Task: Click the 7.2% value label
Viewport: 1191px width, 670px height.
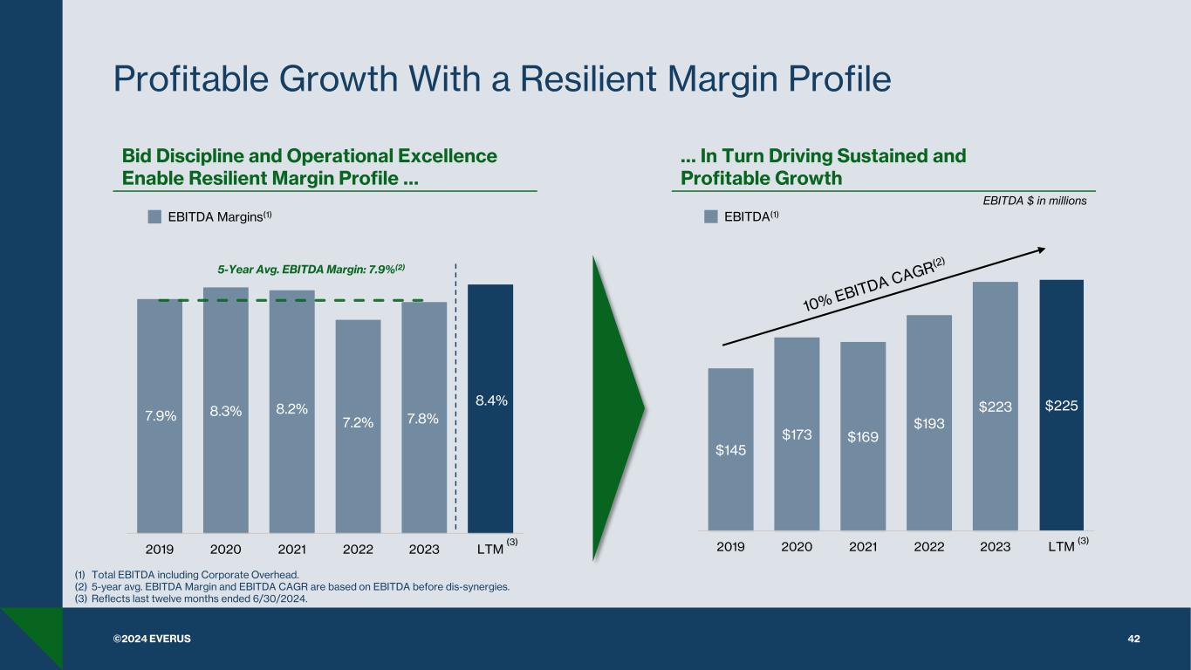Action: tap(358, 422)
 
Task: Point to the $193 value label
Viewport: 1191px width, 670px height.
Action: tap(929, 423)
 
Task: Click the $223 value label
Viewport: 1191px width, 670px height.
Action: tap(995, 406)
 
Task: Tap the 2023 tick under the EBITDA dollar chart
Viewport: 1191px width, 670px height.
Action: tap(995, 547)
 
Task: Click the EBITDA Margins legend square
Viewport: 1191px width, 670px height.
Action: tap(154, 216)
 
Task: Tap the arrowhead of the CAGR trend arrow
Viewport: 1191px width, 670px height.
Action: tap(1041, 250)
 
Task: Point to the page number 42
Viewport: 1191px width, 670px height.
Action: tap(1133, 639)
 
